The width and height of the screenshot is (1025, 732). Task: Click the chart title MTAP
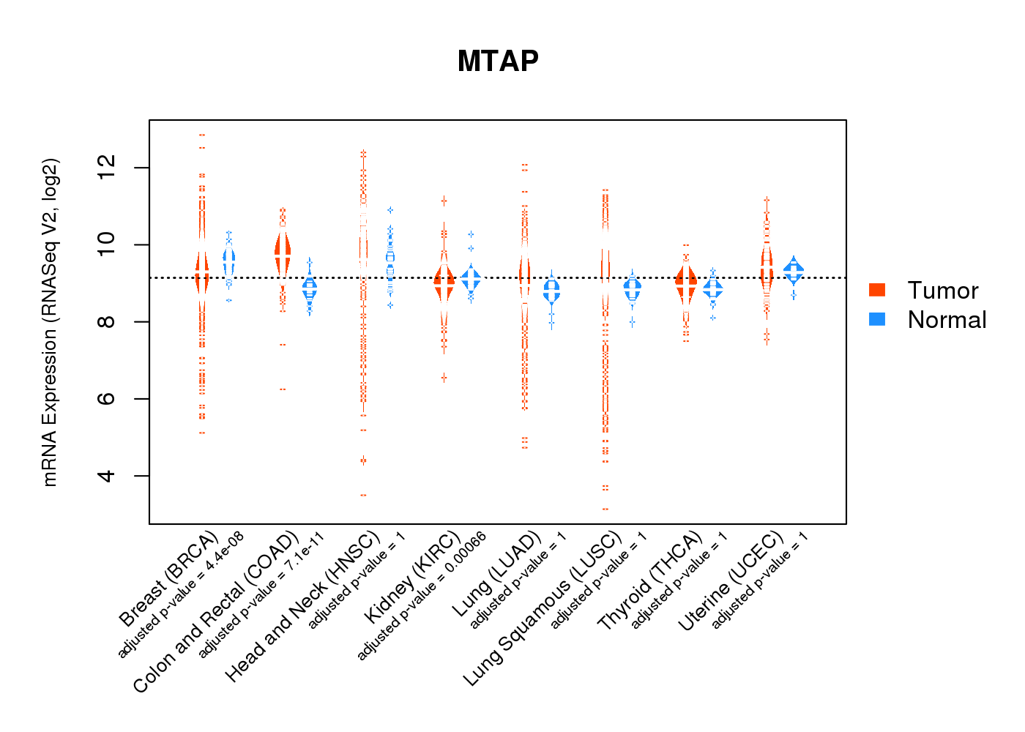point(498,61)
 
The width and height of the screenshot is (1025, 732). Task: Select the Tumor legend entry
point(942,291)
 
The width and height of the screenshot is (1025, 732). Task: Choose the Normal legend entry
point(947,320)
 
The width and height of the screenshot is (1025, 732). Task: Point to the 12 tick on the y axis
point(108,168)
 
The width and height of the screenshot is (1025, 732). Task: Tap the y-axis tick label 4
point(108,476)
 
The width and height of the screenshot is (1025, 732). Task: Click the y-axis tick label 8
point(108,321)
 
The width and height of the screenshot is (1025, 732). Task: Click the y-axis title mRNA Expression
point(51,322)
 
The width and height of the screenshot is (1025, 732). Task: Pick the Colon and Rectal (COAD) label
point(216,612)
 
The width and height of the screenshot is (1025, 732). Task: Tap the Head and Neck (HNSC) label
point(302,607)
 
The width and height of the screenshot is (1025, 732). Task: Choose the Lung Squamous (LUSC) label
point(543,609)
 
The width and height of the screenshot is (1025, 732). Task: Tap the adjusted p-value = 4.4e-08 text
point(181,595)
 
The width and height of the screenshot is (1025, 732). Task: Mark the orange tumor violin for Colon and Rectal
point(283,253)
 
